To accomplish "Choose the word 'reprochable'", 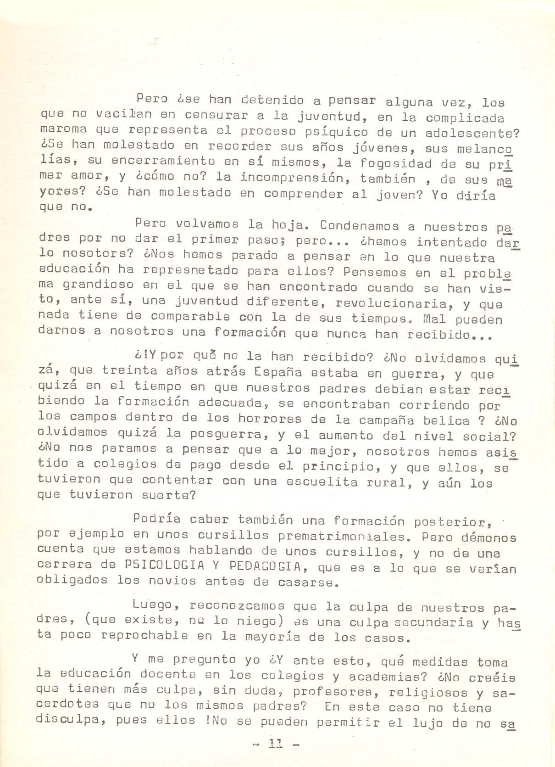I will pos(144,636).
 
